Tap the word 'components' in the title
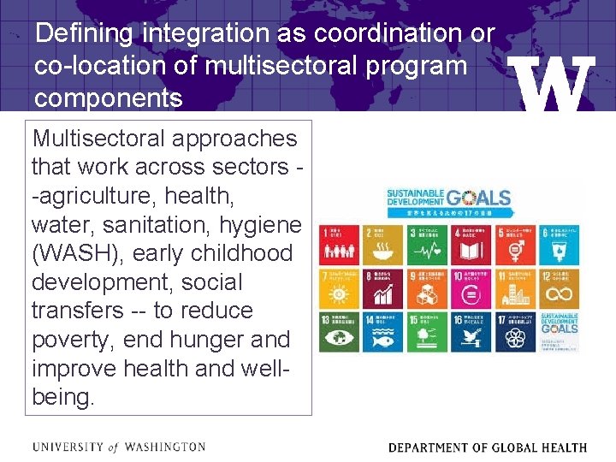click(x=108, y=98)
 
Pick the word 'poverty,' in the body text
click(x=74, y=340)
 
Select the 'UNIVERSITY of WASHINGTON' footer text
click(x=118, y=447)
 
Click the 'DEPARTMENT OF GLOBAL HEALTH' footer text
click(x=488, y=447)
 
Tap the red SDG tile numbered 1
click(x=339, y=245)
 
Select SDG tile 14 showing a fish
click(x=382, y=332)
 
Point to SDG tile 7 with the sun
click(x=339, y=288)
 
